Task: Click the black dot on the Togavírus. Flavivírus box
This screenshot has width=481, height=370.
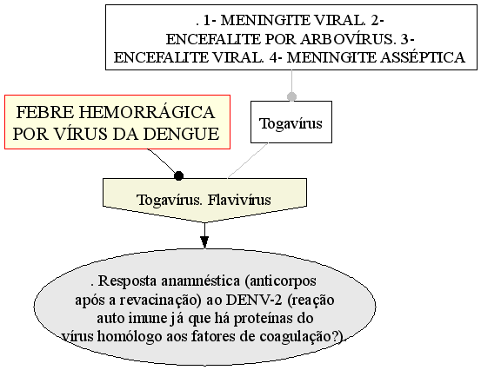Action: (x=178, y=176)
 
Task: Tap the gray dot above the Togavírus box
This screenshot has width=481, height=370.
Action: (x=291, y=96)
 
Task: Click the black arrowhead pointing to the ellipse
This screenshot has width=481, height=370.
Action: (x=204, y=242)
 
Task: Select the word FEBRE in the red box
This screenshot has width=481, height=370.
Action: (x=45, y=112)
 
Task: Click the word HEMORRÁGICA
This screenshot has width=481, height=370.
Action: (x=147, y=111)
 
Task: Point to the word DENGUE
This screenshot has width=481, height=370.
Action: (x=181, y=134)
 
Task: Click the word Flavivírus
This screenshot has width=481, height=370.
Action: (x=239, y=200)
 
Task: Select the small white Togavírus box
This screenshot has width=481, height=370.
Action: (x=291, y=122)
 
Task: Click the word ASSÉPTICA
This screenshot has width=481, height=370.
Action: (x=423, y=57)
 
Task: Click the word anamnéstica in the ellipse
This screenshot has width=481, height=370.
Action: (x=201, y=281)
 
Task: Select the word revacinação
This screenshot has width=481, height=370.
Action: (x=159, y=301)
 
